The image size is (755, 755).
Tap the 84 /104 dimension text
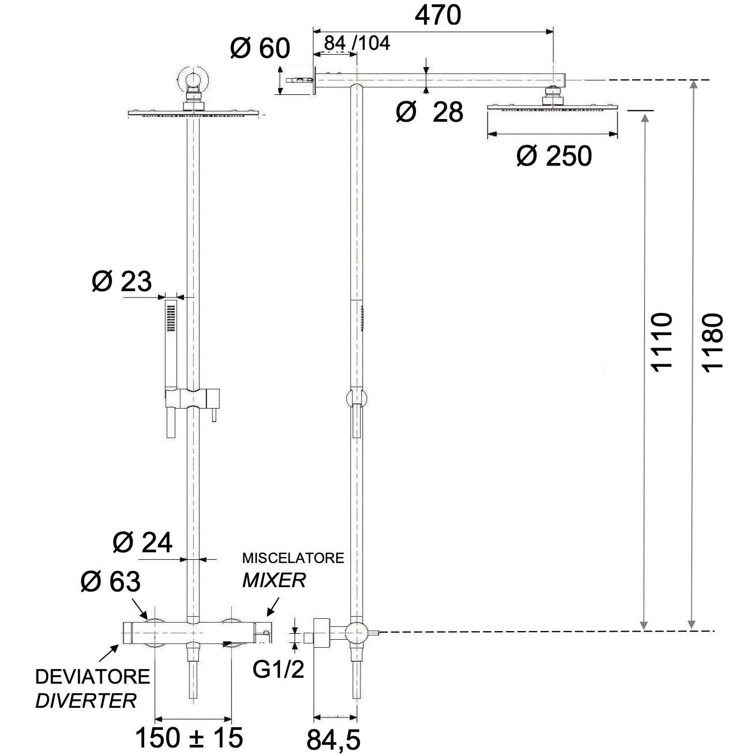[x=357, y=43]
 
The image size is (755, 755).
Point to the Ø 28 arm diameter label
[x=430, y=112]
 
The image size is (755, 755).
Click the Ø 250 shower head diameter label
[x=554, y=156]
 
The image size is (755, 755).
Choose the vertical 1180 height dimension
[x=713, y=341]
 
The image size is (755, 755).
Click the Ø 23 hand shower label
[x=122, y=281]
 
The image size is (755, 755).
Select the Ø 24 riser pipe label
[x=143, y=543]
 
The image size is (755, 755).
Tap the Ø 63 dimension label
[x=110, y=581]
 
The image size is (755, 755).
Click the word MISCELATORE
[x=293, y=558]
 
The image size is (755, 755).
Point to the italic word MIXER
[x=274, y=580]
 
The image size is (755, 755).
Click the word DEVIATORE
[x=92, y=677]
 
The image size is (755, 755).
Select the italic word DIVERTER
[x=86, y=700]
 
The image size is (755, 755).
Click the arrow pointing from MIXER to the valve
[x=272, y=606]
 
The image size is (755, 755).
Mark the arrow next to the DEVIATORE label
[x=109, y=654]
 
